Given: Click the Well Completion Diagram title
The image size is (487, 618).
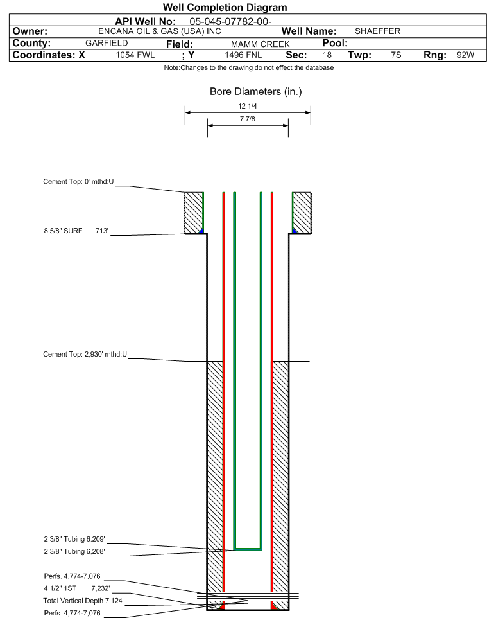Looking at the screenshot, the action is point(225,8).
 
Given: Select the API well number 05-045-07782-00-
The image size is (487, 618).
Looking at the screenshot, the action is point(230,22).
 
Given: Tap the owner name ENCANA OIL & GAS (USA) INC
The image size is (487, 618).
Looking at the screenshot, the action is point(160,31).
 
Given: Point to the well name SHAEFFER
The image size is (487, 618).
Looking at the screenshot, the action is point(377,31).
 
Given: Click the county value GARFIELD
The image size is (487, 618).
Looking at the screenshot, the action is point(107,43).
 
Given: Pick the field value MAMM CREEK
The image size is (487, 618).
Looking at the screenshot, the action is point(261,44).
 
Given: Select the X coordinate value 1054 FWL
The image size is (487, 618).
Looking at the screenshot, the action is point(135,55).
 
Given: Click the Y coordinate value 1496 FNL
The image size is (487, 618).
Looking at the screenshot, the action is point(243,55).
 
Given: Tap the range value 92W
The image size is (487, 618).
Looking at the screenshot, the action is point(465,55).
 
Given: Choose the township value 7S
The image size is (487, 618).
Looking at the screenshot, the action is point(396,55).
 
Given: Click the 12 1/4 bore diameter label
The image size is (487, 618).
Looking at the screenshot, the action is point(248,106).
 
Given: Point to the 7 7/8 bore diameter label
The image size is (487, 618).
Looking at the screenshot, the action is point(248,119).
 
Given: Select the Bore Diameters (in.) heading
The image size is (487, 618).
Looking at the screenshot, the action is point(256,92).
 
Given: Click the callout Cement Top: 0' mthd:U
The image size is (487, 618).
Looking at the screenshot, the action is point(78,182).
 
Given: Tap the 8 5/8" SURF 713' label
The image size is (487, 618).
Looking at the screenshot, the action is point(76,231).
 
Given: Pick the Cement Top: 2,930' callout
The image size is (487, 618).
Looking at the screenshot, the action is point(85,355).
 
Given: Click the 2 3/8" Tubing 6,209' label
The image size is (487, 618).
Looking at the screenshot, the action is point(74,539).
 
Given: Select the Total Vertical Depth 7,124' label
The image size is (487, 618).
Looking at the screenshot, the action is point(83,601).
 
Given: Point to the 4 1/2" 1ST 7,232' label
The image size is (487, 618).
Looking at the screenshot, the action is point(77,588).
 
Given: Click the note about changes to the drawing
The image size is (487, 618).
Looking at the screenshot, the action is point(249,68).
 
